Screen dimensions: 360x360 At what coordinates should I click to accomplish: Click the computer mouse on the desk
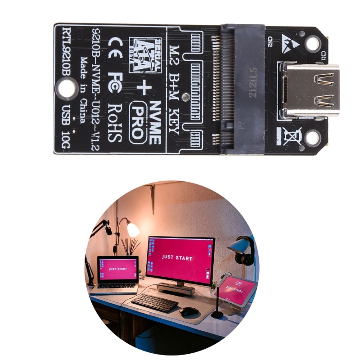point(189,311)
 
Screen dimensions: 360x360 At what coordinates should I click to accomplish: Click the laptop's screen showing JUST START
point(118,269)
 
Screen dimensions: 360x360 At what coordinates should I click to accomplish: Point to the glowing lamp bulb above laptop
point(133,229)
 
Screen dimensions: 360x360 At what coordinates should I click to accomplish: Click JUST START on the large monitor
point(177,258)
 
